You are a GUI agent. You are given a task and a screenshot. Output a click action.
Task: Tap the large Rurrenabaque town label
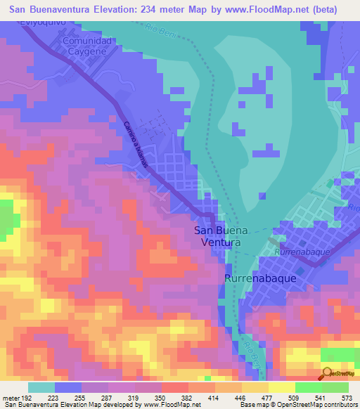259,278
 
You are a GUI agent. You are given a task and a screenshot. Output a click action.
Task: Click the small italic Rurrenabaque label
298,251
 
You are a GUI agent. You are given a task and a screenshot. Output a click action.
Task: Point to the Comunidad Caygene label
87,47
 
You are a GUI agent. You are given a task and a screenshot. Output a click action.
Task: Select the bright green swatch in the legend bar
308,387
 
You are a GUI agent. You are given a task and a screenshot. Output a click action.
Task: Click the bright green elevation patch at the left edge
6,218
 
